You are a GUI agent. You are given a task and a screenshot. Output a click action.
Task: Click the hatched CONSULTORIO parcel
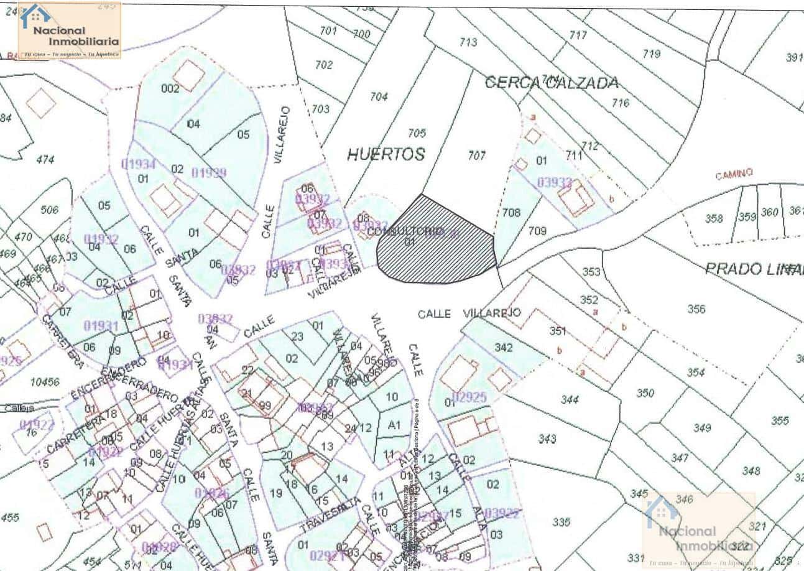435,243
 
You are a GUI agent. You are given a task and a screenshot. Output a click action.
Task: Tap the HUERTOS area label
386,154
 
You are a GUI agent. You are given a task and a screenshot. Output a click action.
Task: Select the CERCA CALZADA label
551,82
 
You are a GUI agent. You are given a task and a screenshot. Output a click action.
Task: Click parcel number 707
476,156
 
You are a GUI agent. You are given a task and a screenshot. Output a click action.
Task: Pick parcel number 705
417,133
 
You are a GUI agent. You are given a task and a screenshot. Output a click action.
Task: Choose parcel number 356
696,309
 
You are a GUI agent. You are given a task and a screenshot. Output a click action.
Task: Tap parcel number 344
569,400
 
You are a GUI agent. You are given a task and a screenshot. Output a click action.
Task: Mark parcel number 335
561,522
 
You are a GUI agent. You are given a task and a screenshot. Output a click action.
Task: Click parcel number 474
45,159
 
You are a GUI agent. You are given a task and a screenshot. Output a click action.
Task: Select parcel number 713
468,42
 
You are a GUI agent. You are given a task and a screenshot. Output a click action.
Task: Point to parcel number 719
651,54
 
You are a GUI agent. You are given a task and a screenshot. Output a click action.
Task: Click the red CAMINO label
734,174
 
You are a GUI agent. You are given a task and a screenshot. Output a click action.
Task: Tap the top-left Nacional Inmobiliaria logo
70,30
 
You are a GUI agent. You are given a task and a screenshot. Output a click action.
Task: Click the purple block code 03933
554,182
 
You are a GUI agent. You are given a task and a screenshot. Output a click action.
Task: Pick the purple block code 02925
469,396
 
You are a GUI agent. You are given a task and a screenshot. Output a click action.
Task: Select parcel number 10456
45,382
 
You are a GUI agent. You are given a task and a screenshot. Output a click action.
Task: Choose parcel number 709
537,231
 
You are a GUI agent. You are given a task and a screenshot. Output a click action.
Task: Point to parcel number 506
49,210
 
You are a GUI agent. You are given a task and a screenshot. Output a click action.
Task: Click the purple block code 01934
138,165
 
